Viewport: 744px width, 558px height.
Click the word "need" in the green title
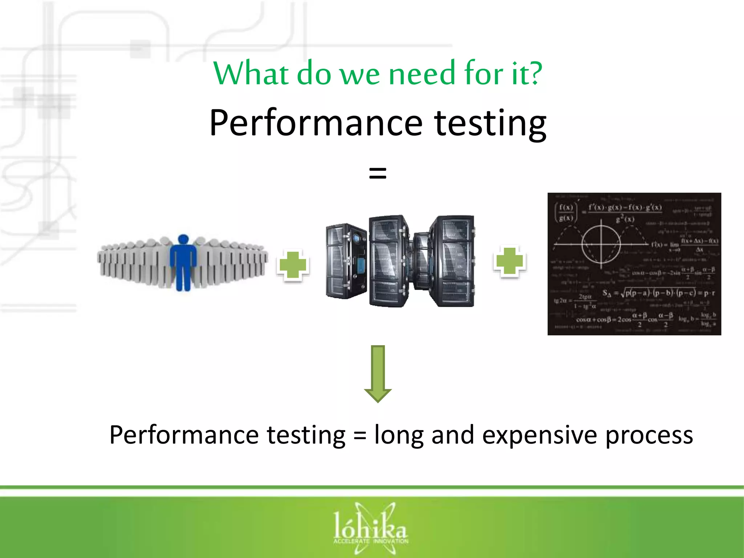coord(422,74)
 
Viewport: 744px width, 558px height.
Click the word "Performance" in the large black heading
coord(316,124)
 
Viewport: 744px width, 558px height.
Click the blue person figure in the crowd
coord(183,263)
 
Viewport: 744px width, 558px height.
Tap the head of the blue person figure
coord(183,239)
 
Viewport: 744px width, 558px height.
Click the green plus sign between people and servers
coord(293,265)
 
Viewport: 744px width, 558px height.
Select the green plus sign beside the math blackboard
coord(510,261)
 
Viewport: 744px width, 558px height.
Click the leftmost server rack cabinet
coord(346,261)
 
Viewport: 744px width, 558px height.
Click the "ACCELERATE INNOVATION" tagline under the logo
coord(371,541)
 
